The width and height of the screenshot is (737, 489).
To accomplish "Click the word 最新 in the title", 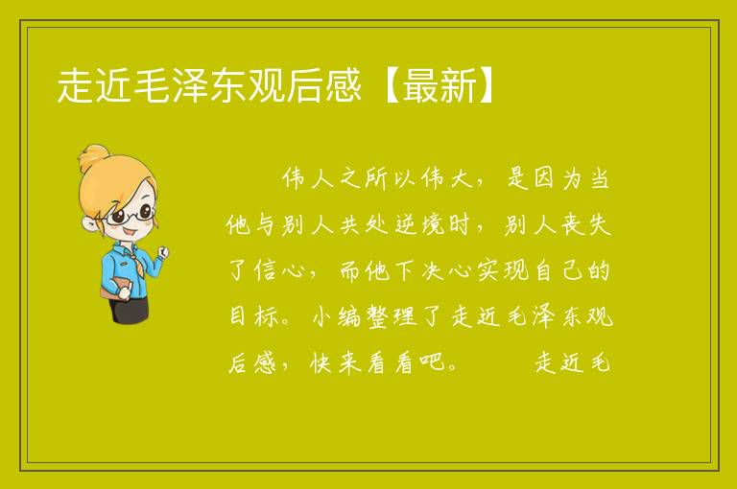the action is (440, 85).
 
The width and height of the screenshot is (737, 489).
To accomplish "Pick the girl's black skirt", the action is (129, 311).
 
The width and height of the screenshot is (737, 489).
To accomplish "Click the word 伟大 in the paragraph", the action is (447, 179).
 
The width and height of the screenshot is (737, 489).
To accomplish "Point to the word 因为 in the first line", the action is (558, 179).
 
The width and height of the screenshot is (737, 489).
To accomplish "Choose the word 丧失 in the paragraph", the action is (584, 225).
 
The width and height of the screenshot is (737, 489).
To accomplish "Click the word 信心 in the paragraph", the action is (280, 271).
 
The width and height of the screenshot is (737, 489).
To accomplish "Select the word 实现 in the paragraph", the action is (503, 271).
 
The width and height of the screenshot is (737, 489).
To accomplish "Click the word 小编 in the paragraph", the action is (337, 316).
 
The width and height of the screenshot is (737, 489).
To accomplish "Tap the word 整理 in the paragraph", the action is (392, 316).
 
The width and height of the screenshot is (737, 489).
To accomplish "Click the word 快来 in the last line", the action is (336, 362).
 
